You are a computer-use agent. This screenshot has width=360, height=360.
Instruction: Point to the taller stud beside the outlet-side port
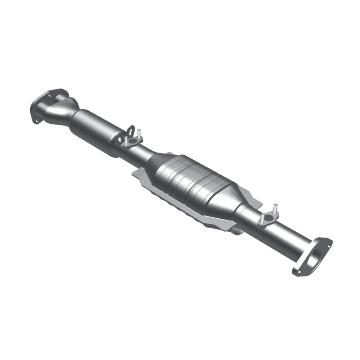coord(274,209)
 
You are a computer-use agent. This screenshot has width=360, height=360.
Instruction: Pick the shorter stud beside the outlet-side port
coord(261,218)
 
